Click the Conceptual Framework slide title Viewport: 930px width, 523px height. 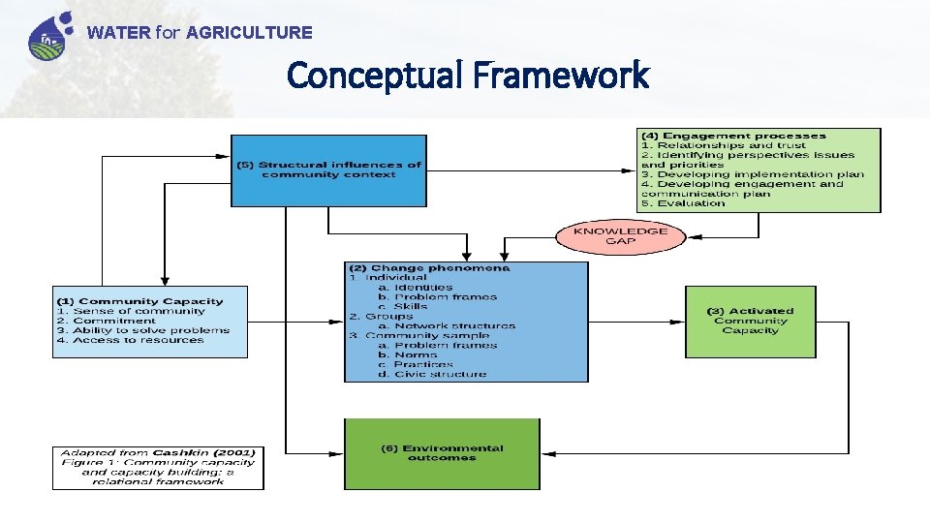pyautogui.click(x=468, y=75)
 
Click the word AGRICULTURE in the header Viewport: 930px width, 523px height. pyautogui.click(x=249, y=33)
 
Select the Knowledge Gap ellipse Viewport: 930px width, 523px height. pyautogui.click(x=620, y=236)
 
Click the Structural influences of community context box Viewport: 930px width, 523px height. pyautogui.click(x=329, y=170)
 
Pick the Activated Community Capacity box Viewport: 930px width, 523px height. pyautogui.click(x=750, y=321)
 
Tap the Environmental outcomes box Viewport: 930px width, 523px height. pyautogui.click(x=442, y=453)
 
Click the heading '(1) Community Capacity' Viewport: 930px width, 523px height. pyautogui.click(x=139, y=301)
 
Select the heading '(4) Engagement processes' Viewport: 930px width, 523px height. pyautogui.click(x=733, y=136)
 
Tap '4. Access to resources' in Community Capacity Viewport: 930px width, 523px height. pyautogui.click(x=130, y=340)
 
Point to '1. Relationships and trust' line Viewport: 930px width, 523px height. pyautogui.click(x=723, y=145)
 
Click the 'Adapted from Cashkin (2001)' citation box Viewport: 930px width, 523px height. pyautogui.click(x=157, y=467)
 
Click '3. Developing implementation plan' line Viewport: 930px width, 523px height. pyautogui.click(x=752, y=174)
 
